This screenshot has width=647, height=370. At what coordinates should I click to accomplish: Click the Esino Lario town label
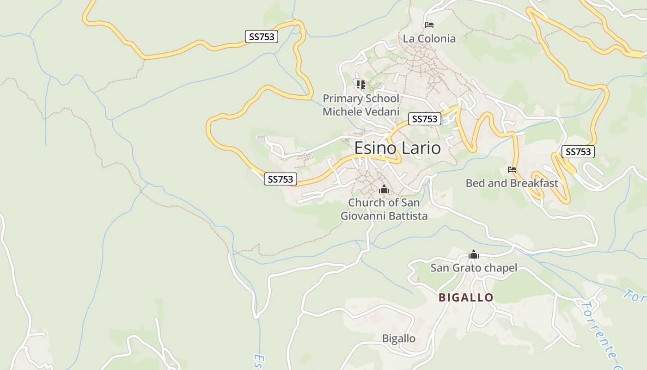tap(397, 148)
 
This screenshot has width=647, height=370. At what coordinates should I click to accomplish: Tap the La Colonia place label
tap(429, 39)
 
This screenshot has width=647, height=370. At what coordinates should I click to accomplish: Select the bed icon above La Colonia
tap(429, 25)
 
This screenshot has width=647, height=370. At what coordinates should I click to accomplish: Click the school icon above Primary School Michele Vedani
tap(360, 84)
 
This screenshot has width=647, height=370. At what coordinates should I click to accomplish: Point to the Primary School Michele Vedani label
tap(360, 105)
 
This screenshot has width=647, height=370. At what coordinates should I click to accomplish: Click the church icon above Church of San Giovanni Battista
tap(384, 190)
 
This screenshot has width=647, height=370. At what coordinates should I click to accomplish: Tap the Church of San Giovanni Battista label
tap(384, 209)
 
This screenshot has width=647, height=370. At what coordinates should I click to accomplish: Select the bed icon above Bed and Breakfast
tap(512, 170)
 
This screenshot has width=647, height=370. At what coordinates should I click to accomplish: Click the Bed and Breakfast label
tap(512, 183)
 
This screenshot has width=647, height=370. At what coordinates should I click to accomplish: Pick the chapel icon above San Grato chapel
tap(473, 255)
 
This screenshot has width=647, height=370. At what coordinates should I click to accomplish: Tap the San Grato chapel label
tap(473, 268)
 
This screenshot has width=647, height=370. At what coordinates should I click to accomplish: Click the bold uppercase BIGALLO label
tap(466, 297)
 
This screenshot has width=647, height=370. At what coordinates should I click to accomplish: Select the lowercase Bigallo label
tap(398, 339)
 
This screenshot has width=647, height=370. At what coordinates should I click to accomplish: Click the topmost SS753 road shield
tap(261, 37)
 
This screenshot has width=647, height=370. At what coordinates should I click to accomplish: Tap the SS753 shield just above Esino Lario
tap(424, 119)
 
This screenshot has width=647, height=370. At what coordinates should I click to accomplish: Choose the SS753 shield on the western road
tap(281, 179)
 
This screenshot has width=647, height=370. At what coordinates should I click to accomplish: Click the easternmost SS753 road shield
tap(578, 151)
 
